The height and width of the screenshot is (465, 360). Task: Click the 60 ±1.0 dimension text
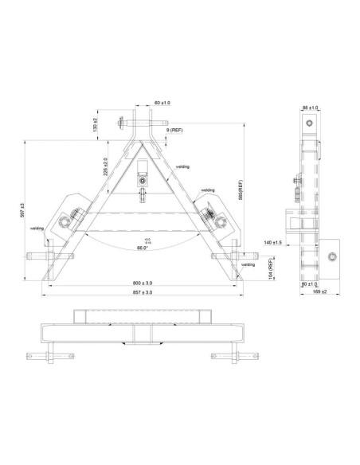(162, 103)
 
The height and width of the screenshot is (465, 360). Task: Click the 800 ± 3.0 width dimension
(144, 283)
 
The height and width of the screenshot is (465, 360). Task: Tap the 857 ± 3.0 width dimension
(144, 293)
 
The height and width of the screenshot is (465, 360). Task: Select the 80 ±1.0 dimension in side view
(309, 283)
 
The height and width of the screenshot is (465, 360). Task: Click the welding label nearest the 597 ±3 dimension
(37, 228)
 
